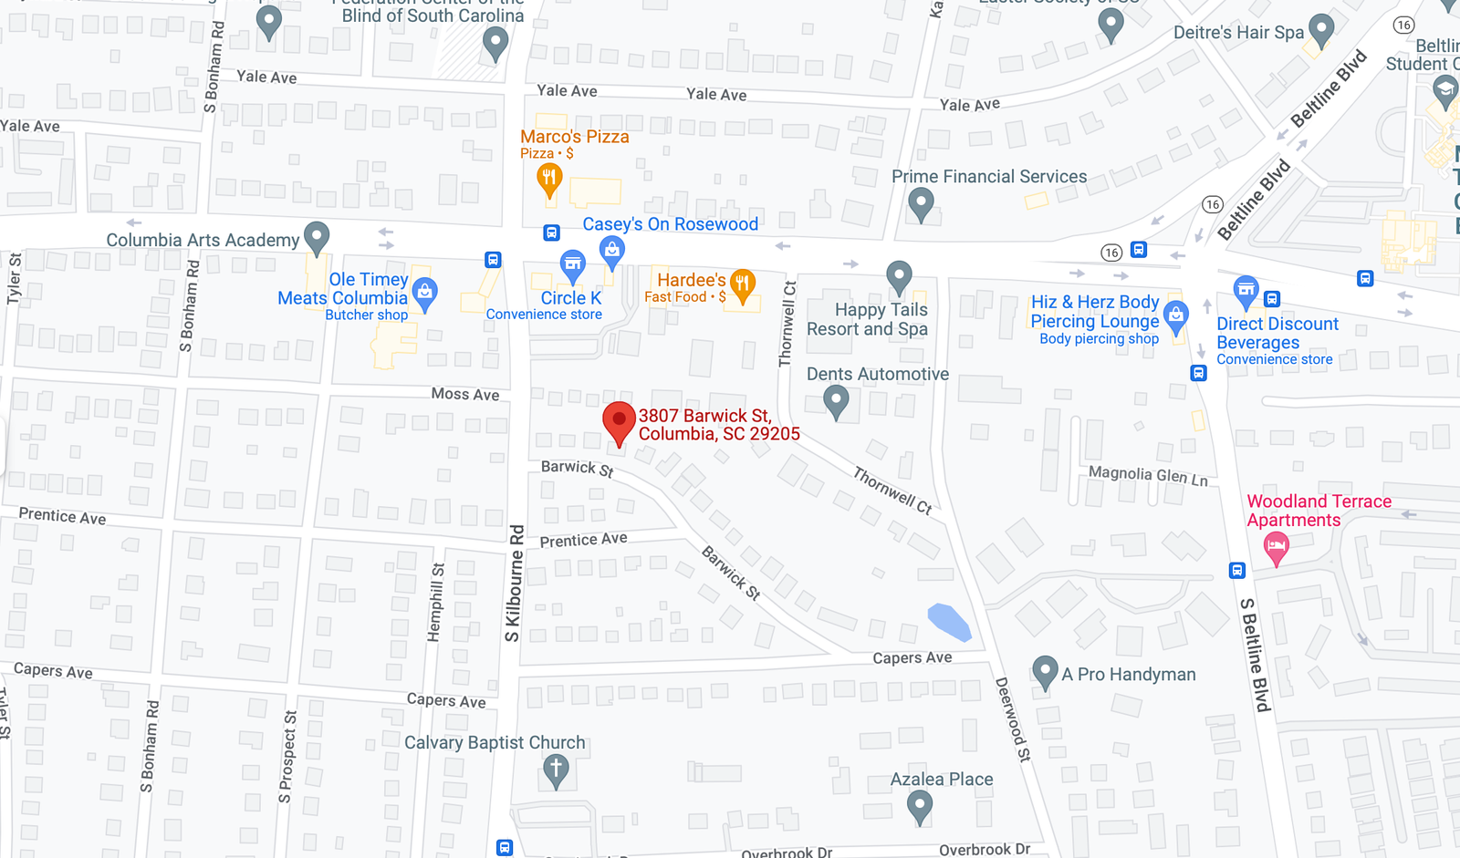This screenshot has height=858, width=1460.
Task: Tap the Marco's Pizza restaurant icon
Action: (x=549, y=179)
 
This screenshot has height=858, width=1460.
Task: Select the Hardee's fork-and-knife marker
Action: (x=743, y=284)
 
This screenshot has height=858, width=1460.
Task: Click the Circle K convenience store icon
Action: (x=572, y=266)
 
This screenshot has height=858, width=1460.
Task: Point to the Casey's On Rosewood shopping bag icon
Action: (x=612, y=250)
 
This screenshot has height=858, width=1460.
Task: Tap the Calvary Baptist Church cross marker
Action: (x=556, y=769)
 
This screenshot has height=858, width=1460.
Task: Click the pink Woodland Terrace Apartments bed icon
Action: (x=1276, y=548)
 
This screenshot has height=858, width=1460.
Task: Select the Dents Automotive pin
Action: (x=836, y=399)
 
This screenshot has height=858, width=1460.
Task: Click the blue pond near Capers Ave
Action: (x=949, y=622)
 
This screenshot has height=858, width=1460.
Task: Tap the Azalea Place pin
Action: (x=920, y=805)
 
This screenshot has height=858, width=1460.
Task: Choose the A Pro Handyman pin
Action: (x=1045, y=672)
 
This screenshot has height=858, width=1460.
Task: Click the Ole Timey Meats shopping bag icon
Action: (x=424, y=293)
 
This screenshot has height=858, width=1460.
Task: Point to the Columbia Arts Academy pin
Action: (x=317, y=237)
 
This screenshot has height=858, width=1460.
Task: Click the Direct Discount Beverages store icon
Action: (x=1246, y=292)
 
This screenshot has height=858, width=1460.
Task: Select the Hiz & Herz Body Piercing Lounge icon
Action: (x=1176, y=315)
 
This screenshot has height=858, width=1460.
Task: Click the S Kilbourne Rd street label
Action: (x=516, y=583)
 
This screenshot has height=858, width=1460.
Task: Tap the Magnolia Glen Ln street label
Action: (x=1148, y=475)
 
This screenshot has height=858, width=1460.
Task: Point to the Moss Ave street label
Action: (x=465, y=394)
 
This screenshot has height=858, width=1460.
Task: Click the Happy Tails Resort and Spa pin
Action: (x=899, y=275)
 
